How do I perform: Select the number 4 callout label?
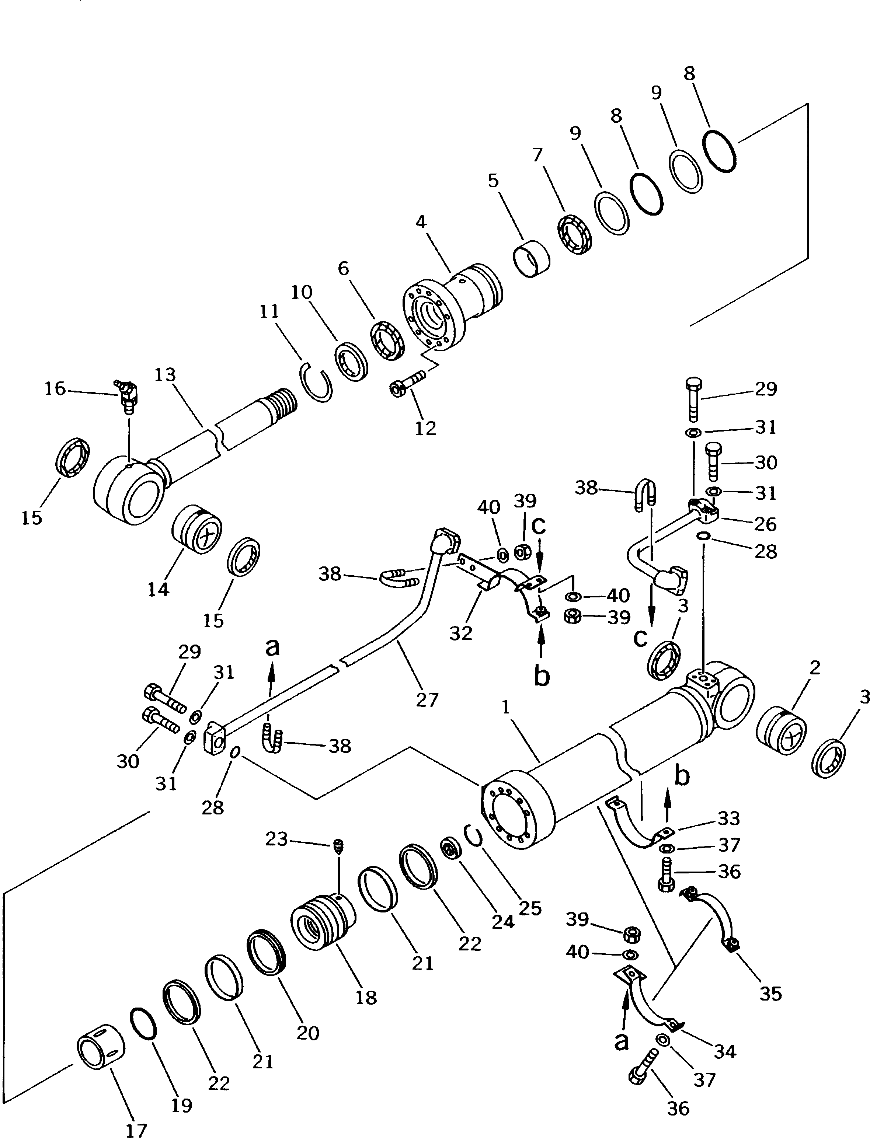(x=421, y=222)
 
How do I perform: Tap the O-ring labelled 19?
(x=142, y=1023)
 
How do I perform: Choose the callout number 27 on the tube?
(x=427, y=700)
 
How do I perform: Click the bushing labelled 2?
(x=781, y=730)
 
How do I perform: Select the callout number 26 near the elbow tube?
(x=765, y=524)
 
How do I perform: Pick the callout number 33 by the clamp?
(x=728, y=818)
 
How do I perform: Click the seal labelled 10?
(x=352, y=362)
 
